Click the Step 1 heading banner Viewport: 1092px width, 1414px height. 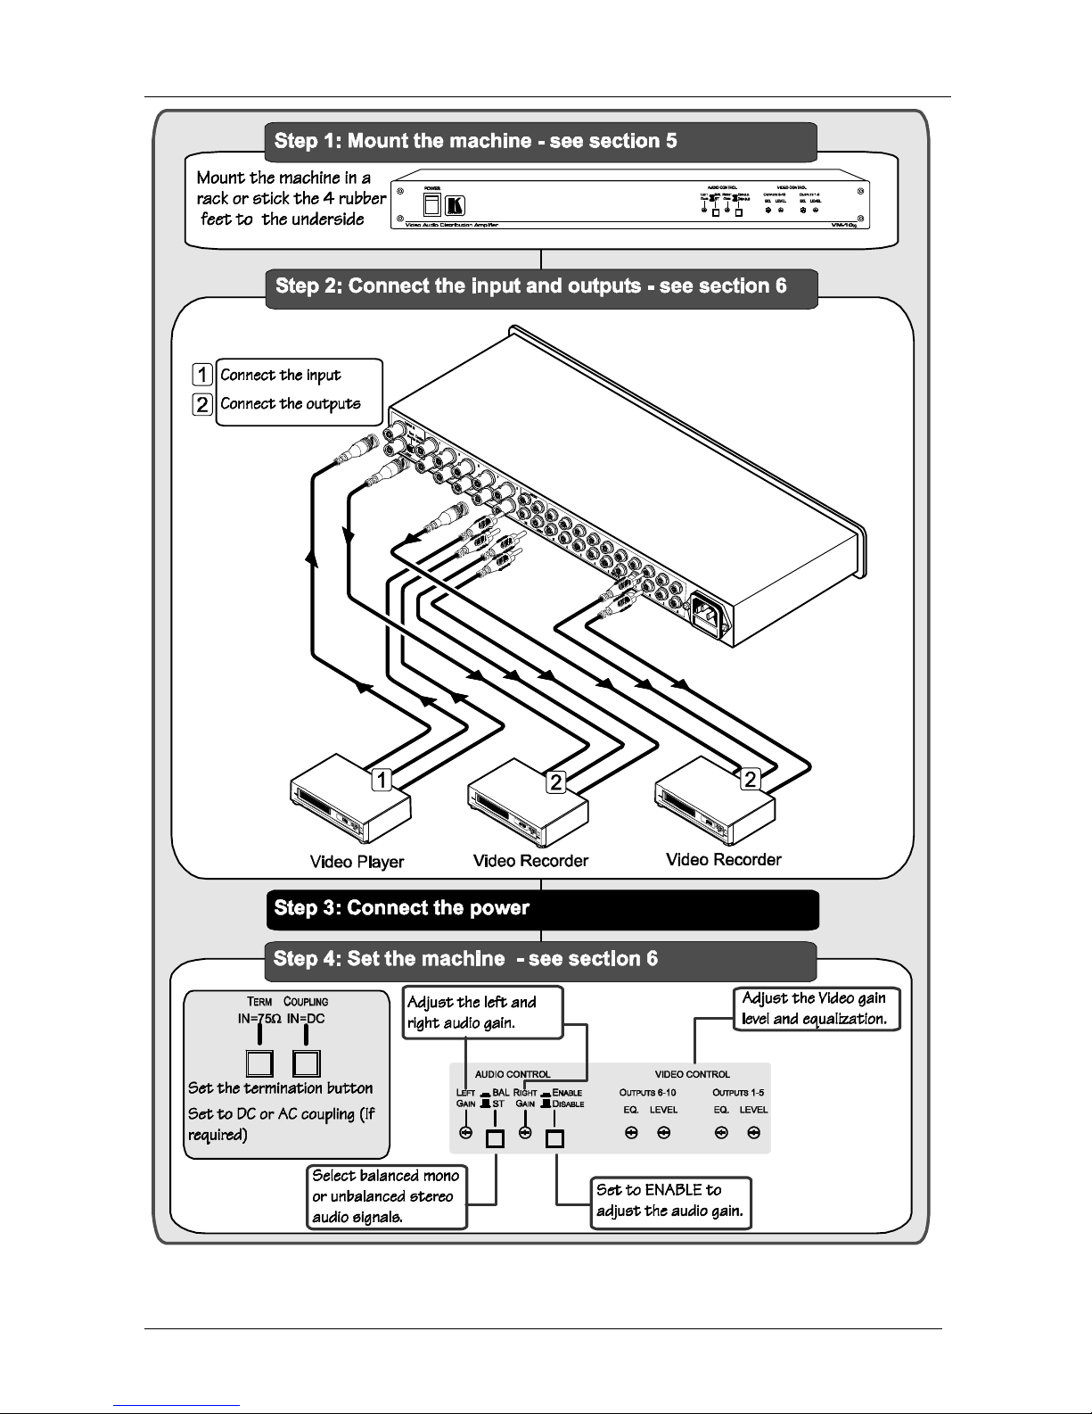tap(540, 141)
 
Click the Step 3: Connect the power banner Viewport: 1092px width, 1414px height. tap(542, 909)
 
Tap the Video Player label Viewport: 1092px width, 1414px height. tap(357, 862)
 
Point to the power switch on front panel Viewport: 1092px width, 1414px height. tap(432, 206)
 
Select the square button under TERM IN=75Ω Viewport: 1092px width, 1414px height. tap(259, 1063)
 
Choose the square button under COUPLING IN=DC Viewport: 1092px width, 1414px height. tap(306, 1063)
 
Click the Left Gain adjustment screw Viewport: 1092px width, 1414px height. tap(464, 1133)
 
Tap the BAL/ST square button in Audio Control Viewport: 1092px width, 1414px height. tap(495, 1138)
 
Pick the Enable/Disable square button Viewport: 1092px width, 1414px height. tap(554, 1138)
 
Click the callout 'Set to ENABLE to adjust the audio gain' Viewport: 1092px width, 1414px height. tap(670, 1201)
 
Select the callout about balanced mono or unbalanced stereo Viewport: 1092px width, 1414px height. tap(387, 1196)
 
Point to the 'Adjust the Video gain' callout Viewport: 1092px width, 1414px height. tap(816, 1009)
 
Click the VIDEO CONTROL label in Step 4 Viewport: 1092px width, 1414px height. tap(692, 1074)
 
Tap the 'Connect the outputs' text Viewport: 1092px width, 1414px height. tap(291, 404)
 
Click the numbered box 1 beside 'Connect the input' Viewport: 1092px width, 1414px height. tap(203, 375)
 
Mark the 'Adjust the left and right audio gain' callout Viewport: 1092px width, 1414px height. tap(482, 1013)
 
